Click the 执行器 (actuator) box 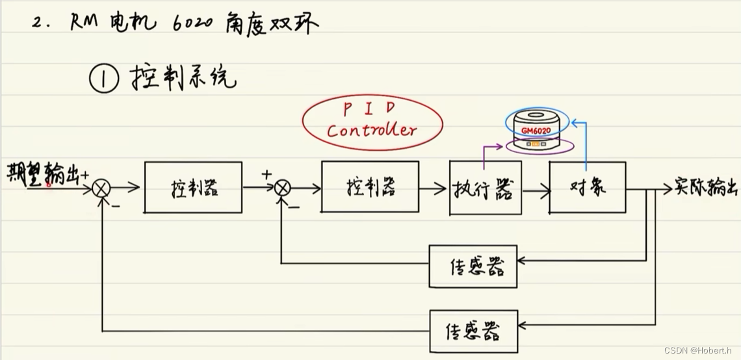pyautogui.click(x=485, y=189)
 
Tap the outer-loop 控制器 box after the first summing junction pyautogui.click(x=193, y=188)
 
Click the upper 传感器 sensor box pyautogui.click(x=473, y=266)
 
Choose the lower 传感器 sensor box pyautogui.click(x=473, y=332)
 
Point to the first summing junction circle pyautogui.click(x=101, y=189)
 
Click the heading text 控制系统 pyautogui.click(x=185, y=79)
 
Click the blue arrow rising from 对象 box pyautogui.click(x=586, y=140)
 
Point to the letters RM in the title pyautogui.click(x=85, y=23)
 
